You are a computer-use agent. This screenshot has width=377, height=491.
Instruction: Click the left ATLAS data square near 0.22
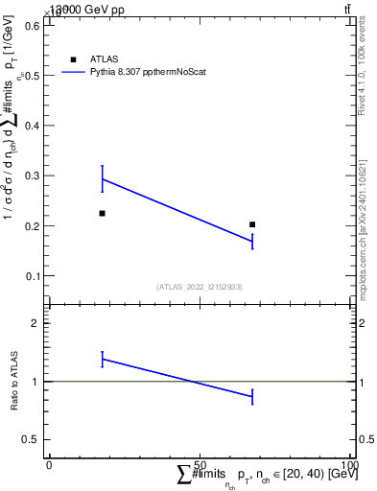(x=102, y=213)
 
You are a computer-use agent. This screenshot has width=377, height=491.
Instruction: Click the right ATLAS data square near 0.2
(x=252, y=224)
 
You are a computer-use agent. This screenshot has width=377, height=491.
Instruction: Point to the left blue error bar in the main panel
(x=102, y=178)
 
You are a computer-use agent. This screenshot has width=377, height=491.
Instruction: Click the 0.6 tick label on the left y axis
(x=30, y=26)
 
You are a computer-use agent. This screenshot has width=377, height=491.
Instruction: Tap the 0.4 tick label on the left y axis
(x=30, y=126)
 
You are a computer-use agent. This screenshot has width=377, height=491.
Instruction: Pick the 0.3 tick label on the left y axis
(x=30, y=175)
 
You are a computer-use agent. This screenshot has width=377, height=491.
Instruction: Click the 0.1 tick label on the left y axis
(x=30, y=276)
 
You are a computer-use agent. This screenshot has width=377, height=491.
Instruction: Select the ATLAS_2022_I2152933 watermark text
(x=200, y=287)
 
